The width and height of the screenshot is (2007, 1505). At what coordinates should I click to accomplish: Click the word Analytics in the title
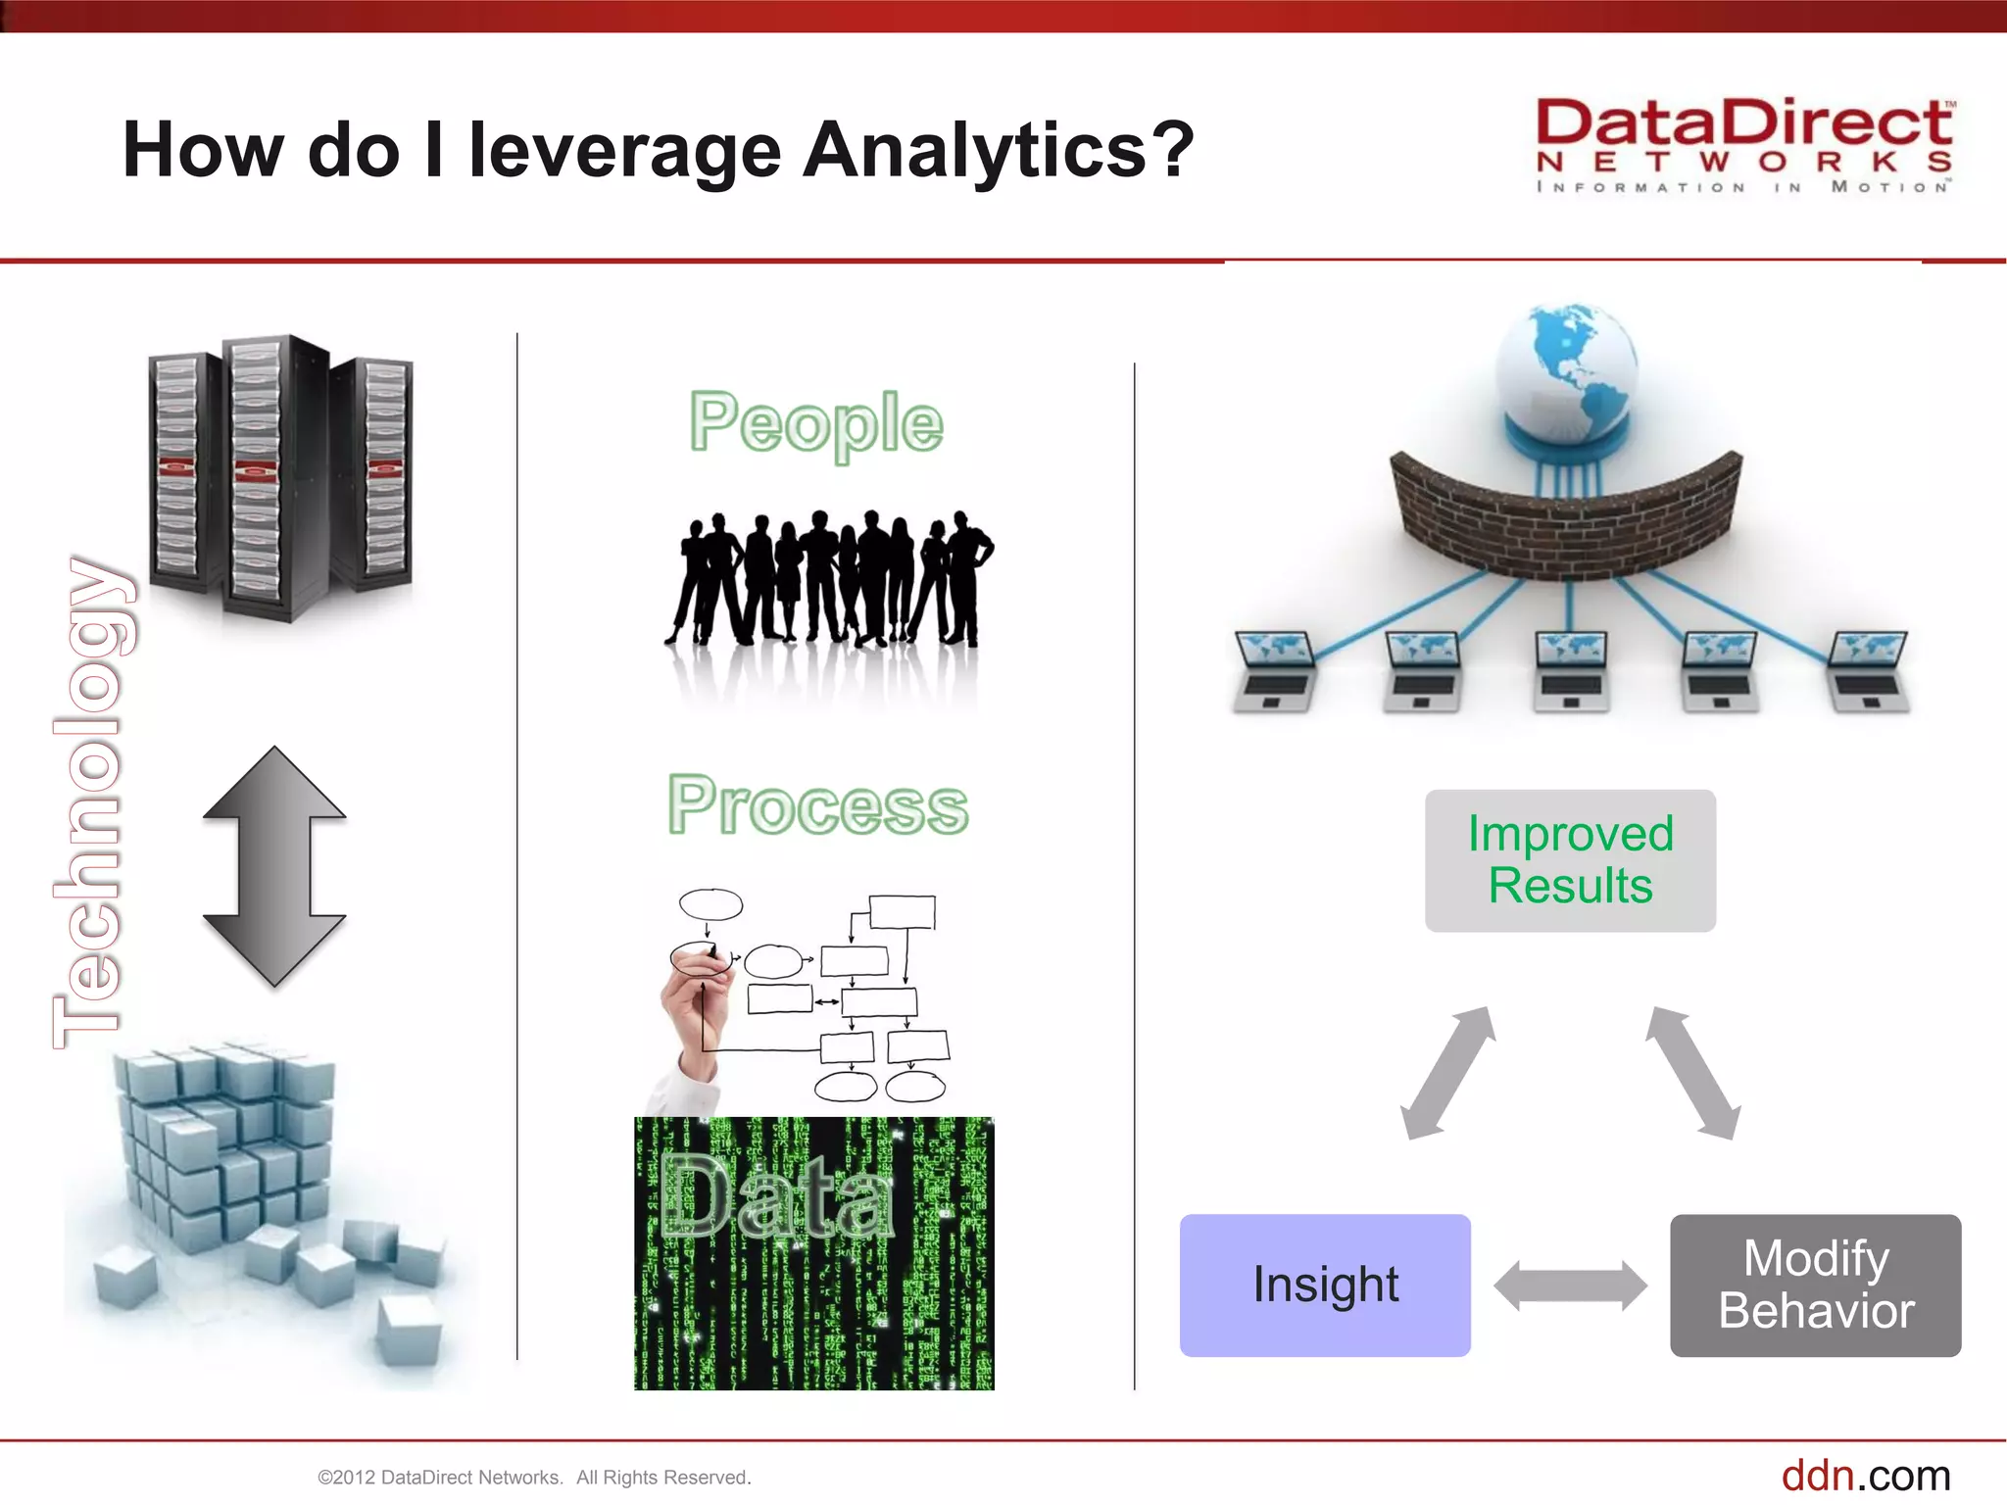pyautogui.click(x=975, y=150)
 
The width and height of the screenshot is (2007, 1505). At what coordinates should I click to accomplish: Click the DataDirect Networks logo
pyautogui.click(x=1743, y=145)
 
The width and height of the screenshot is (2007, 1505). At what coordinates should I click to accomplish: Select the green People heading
pyautogui.click(x=815, y=423)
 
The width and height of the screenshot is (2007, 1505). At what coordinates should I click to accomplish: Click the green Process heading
pyautogui.click(x=817, y=805)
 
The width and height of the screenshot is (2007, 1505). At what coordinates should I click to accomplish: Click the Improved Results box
pyautogui.click(x=1570, y=860)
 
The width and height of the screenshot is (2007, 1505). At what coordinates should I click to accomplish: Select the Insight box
pyautogui.click(x=1325, y=1285)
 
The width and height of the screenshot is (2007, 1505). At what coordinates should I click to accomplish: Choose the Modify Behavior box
pyautogui.click(x=1815, y=1285)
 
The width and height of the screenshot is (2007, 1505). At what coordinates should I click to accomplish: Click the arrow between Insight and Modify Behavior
pyautogui.click(x=1570, y=1286)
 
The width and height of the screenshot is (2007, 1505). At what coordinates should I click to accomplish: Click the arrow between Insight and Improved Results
pyautogui.click(x=1448, y=1073)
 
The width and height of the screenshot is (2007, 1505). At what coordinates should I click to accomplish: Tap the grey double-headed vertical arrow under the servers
pyautogui.click(x=274, y=866)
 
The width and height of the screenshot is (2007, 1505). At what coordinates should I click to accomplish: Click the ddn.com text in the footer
pyautogui.click(x=1865, y=1475)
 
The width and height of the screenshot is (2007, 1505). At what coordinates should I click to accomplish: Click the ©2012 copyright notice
pyautogui.click(x=534, y=1478)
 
